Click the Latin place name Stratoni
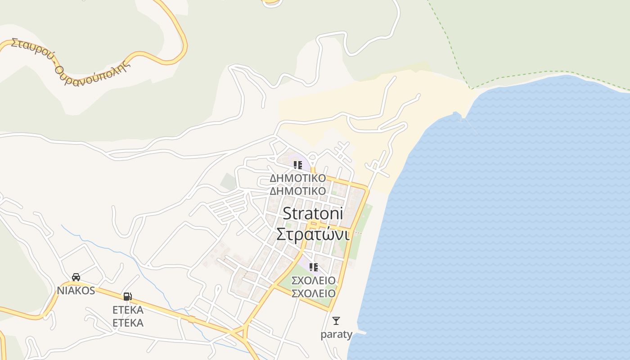[x=313, y=213]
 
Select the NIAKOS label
[x=76, y=290]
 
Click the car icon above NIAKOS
[x=76, y=277]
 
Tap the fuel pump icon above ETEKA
[x=128, y=296]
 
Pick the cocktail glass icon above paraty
[x=336, y=321]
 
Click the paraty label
[x=336, y=334]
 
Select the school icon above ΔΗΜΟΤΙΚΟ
[x=297, y=165]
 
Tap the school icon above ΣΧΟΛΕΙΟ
[x=314, y=267]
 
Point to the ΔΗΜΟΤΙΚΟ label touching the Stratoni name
[x=297, y=191]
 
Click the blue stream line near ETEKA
[x=148, y=274]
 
